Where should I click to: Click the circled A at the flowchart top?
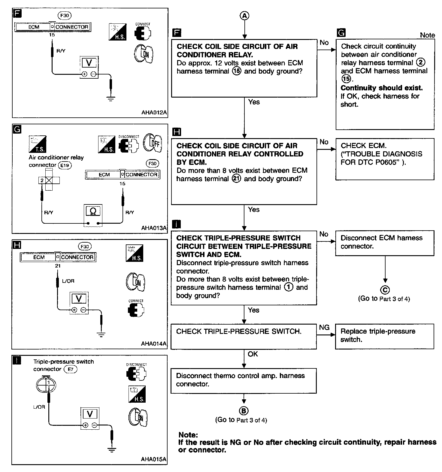244,16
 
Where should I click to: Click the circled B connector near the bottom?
244,411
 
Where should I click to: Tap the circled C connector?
385,290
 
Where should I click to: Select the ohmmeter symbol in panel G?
93,211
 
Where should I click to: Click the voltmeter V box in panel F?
89,63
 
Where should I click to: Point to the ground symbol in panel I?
112,449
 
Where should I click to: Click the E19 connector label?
65,165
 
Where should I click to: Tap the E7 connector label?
71,369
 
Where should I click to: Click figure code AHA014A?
154,343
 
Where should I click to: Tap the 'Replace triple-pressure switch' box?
378,335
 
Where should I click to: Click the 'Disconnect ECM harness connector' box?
381,242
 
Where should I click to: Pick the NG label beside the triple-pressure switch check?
324,327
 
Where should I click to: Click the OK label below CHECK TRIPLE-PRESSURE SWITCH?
253,354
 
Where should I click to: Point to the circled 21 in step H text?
237,179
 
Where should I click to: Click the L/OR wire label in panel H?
68,281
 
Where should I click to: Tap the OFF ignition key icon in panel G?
153,143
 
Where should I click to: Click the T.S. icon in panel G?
38,144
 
